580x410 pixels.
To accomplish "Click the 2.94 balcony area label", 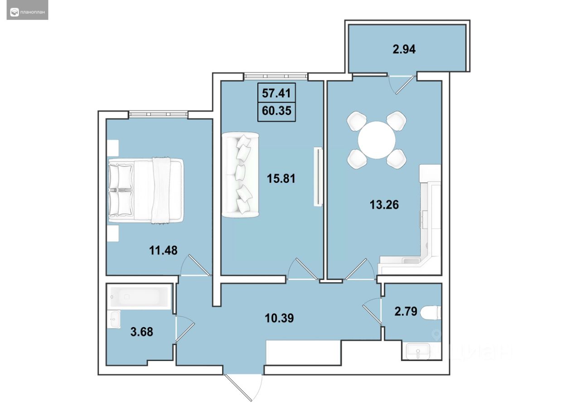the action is (404, 49).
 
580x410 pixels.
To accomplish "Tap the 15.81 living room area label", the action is (281, 178).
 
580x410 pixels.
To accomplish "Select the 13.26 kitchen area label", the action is (384, 205).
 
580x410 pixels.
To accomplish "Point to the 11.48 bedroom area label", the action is (163, 250).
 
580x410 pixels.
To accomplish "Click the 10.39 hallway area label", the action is (280, 318).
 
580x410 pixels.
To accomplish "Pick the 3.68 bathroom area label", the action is (142, 332).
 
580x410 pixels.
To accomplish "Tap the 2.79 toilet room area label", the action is (406, 311).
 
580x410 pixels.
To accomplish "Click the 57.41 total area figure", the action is (276, 93).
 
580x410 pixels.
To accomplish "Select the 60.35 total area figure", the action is (276, 111).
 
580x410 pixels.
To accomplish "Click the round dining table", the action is (377, 140).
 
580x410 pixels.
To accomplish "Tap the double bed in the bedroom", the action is (146, 190).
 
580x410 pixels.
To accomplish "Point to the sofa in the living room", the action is (241, 175).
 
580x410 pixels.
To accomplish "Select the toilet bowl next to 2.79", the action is (430, 313).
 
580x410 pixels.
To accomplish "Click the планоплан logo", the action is (28, 12).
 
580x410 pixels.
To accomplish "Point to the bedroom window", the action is (158, 114).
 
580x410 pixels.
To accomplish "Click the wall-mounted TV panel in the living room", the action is (318, 177).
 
